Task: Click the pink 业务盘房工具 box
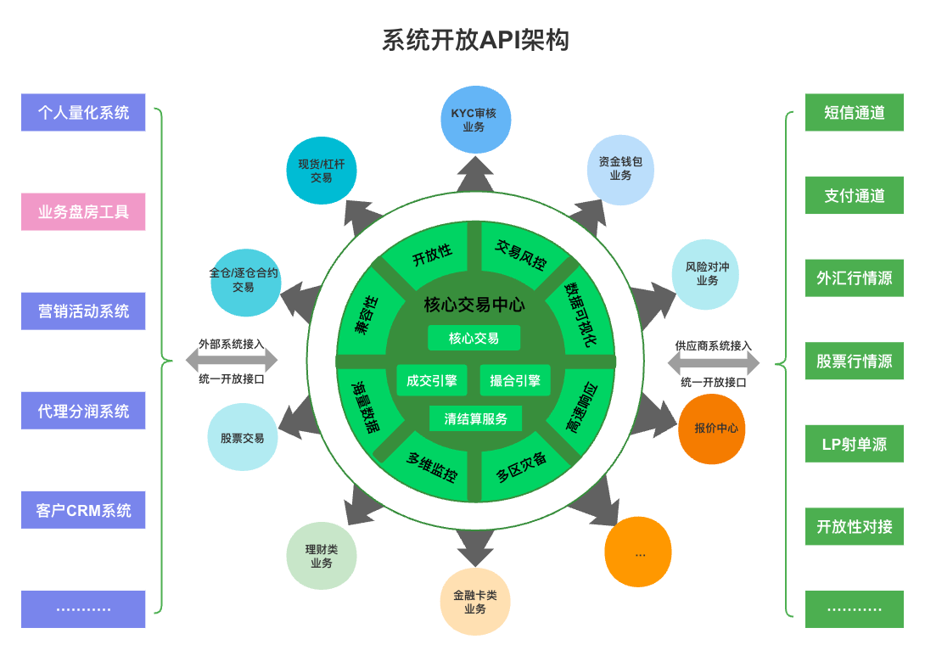coord(83,212)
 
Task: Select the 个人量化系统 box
coord(83,112)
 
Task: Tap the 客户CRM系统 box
coord(83,511)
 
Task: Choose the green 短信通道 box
coord(854,112)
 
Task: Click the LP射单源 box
coord(854,444)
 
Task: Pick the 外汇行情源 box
coord(854,278)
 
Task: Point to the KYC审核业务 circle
coord(474,120)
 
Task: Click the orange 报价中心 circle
coord(712,429)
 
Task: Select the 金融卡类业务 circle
coord(475,602)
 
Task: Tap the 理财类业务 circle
coord(322,556)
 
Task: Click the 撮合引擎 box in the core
coord(515,381)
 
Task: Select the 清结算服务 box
coord(475,418)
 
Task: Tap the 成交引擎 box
coord(431,381)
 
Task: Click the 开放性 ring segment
coord(432,255)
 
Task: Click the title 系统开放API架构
coord(474,40)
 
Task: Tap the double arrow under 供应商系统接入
coord(713,364)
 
